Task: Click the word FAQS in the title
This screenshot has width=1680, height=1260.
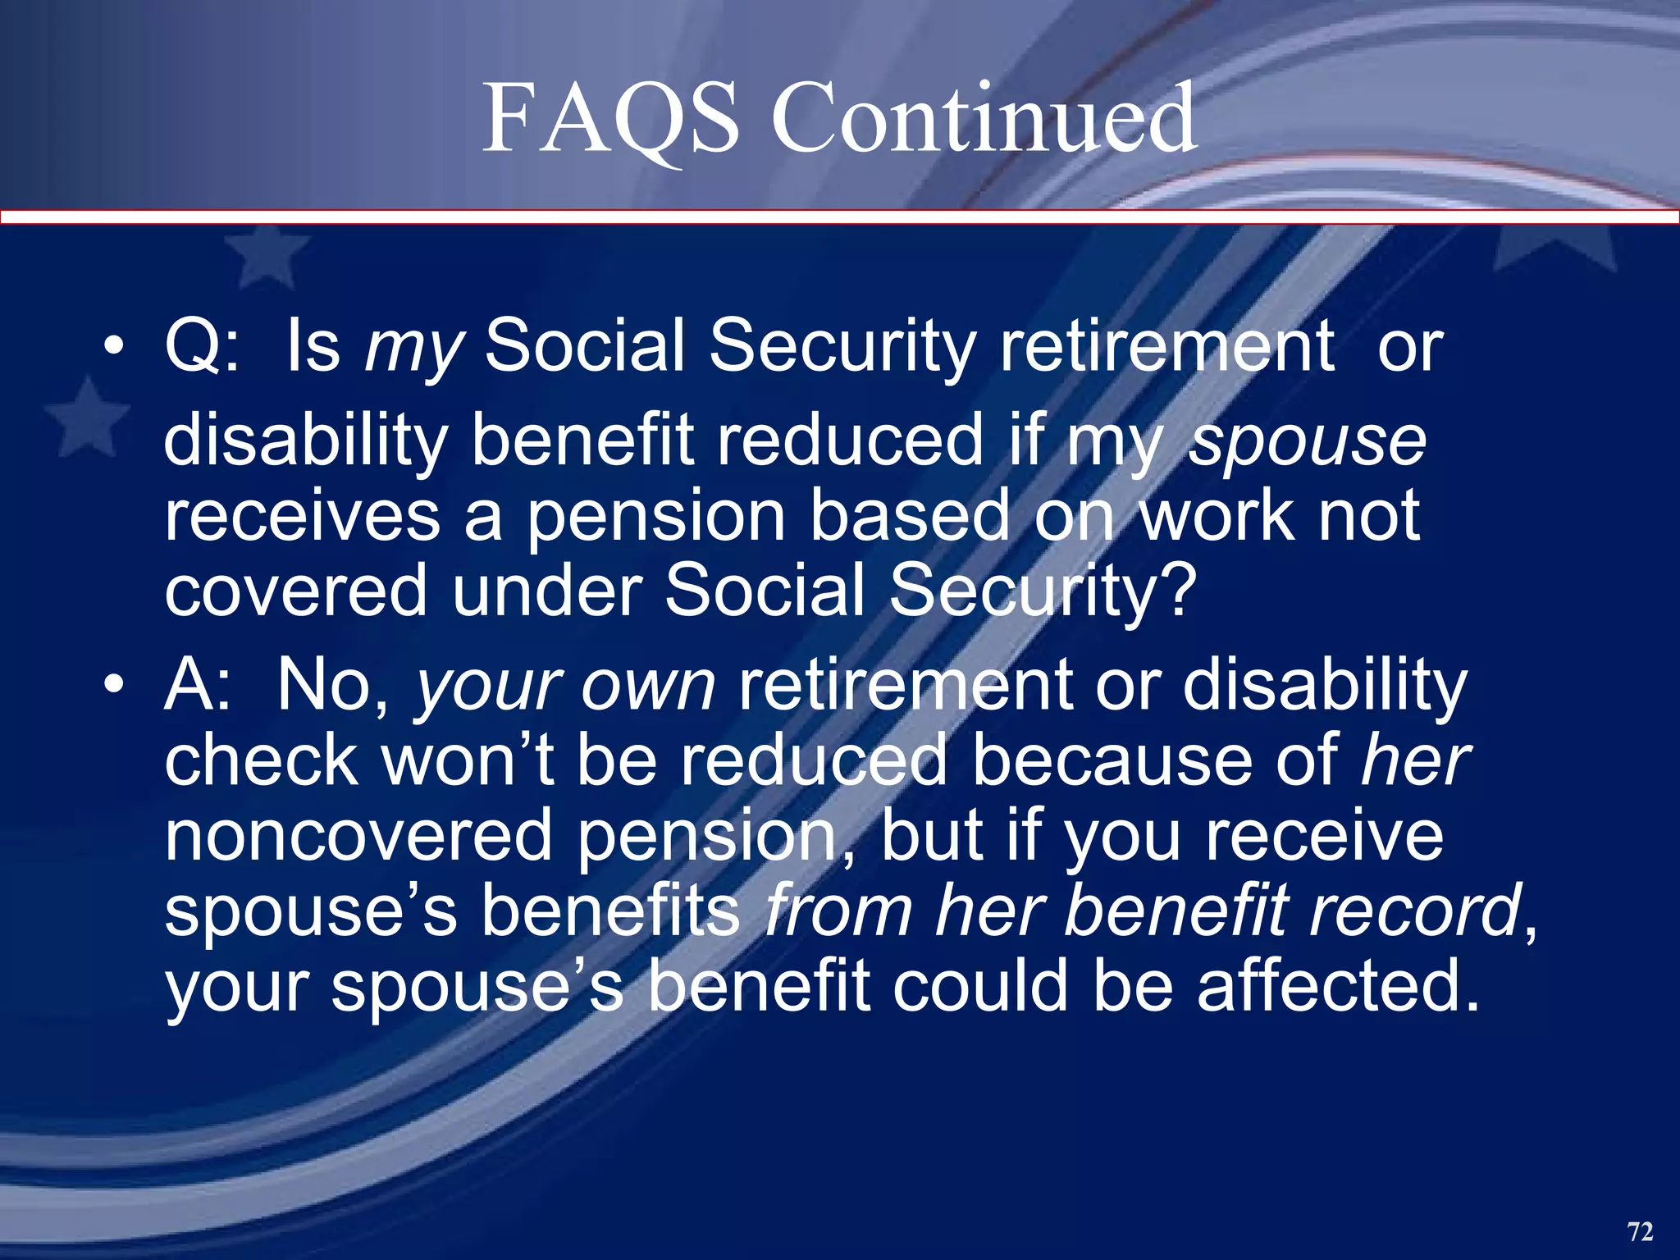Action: tap(609, 119)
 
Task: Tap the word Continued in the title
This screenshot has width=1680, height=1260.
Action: tap(984, 119)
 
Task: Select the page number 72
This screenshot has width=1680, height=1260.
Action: tap(1640, 1231)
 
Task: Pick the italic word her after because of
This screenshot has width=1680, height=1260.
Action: tap(1415, 760)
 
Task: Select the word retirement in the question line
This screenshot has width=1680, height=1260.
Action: tap(1166, 346)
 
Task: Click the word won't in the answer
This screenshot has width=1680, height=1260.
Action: tap(468, 760)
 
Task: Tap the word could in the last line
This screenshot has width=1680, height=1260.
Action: tap(981, 986)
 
